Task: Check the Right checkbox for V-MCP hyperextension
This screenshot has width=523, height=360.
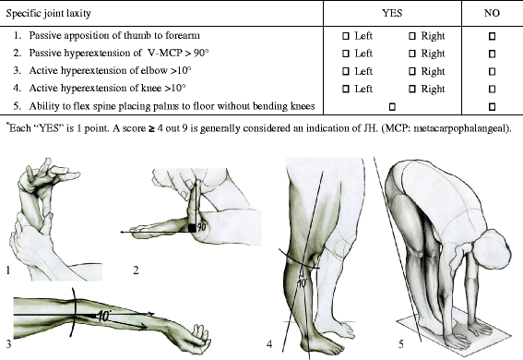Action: [x=412, y=53]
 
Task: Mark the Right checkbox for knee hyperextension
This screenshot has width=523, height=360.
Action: [x=412, y=89]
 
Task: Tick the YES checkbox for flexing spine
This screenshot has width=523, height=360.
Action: [x=393, y=107]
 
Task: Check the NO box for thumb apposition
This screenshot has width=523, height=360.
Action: [x=492, y=35]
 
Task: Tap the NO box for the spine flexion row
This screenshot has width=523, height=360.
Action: [x=492, y=107]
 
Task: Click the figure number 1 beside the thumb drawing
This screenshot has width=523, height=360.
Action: [x=6, y=271]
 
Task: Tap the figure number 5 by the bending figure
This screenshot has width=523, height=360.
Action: [x=375, y=345]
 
